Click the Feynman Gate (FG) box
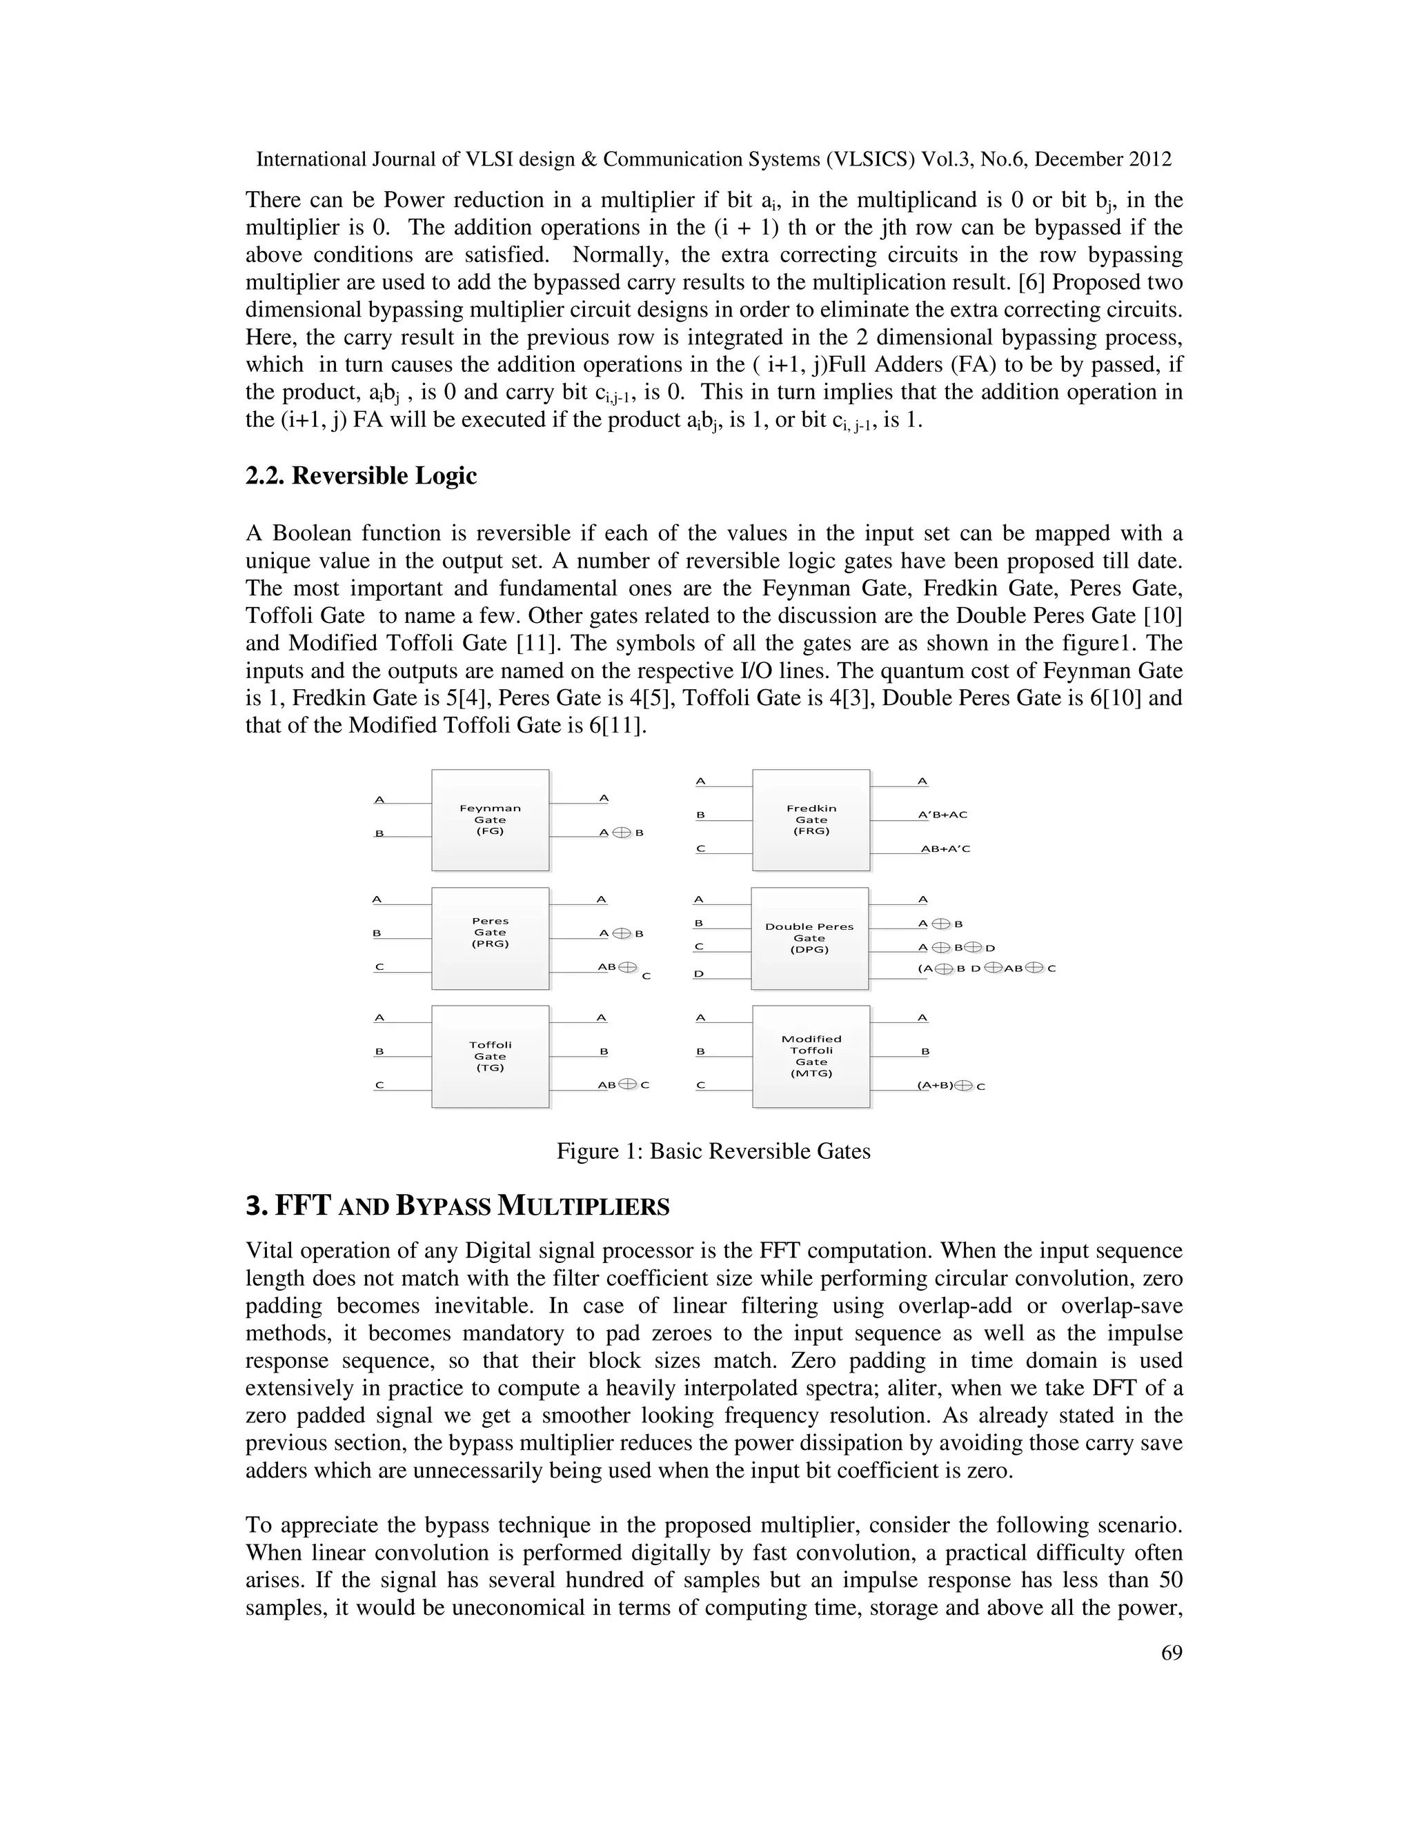click(490, 820)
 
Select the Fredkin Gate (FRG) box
click(810, 820)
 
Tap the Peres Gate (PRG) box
click(490, 938)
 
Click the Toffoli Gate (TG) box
click(490, 1056)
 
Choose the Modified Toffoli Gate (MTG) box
click(810, 1056)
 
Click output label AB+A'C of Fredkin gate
click(945, 848)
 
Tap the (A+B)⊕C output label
click(951, 1086)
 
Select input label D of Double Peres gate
click(699, 974)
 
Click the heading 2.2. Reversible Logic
click(361, 475)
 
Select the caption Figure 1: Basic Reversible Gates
click(713, 1151)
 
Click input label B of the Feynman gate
click(379, 834)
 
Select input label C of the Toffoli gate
click(379, 1085)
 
